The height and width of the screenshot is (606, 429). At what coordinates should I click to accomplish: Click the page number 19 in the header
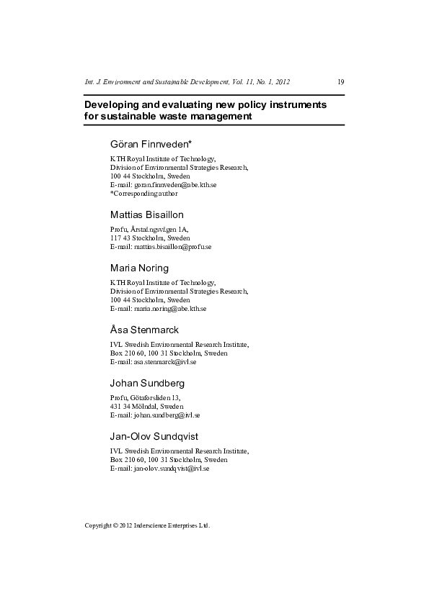[x=341, y=81]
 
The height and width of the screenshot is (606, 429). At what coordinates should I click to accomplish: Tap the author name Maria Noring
[x=139, y=268]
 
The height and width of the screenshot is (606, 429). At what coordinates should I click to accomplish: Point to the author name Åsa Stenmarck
[x=144, y=330]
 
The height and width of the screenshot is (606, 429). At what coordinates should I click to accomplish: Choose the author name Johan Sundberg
[x=146, y=383]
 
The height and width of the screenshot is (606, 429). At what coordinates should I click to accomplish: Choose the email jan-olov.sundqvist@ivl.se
[x=172, y=469]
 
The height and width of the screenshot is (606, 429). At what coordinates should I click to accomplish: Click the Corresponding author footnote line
[x=144, y=194]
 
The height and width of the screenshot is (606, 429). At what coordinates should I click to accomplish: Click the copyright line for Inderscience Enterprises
[x=147, y=525]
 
